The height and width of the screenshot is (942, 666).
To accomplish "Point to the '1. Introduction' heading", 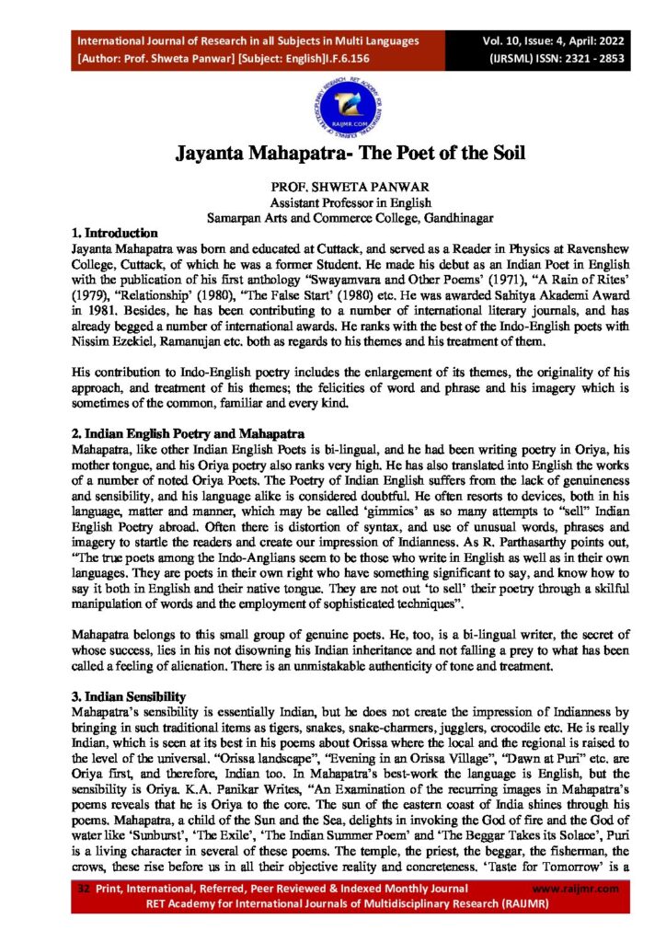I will [115, 234].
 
